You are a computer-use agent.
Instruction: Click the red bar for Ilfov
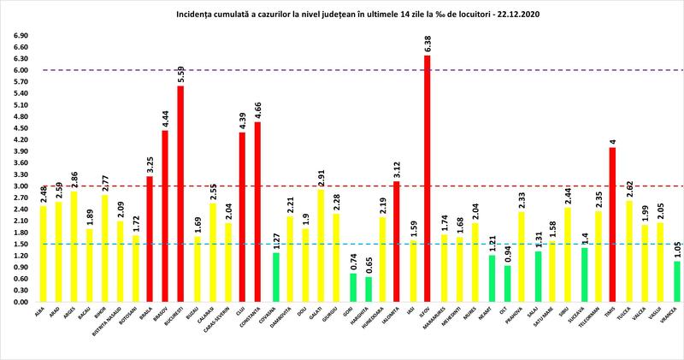[x=427, y=179]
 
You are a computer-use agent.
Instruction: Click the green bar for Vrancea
[x=677, y=281]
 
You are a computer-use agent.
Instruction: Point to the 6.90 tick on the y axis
[x=18, y=36]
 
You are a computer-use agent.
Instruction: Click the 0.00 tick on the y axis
[x=18, y=302]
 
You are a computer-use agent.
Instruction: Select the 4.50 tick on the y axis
[x=18, y=128]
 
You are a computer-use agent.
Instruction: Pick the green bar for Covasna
[x=276, y=277]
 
